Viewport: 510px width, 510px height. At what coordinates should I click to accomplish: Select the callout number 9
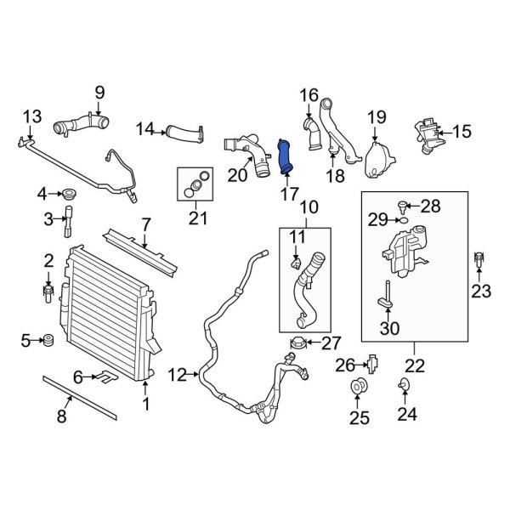pyautogui.click(x=99, y=93)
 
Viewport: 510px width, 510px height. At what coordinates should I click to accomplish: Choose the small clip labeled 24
pyautogui.click(x=400, y=388)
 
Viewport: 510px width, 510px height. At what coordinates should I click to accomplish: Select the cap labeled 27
pyautogui.click(x=298, y=343)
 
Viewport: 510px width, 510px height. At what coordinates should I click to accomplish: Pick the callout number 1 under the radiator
pyautogui.click(x=145, y=405)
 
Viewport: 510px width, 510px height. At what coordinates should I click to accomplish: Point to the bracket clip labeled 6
pyautogui.click(x=105, y=375)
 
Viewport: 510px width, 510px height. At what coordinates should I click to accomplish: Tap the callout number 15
pyautogui.click(x=461, y=131)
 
